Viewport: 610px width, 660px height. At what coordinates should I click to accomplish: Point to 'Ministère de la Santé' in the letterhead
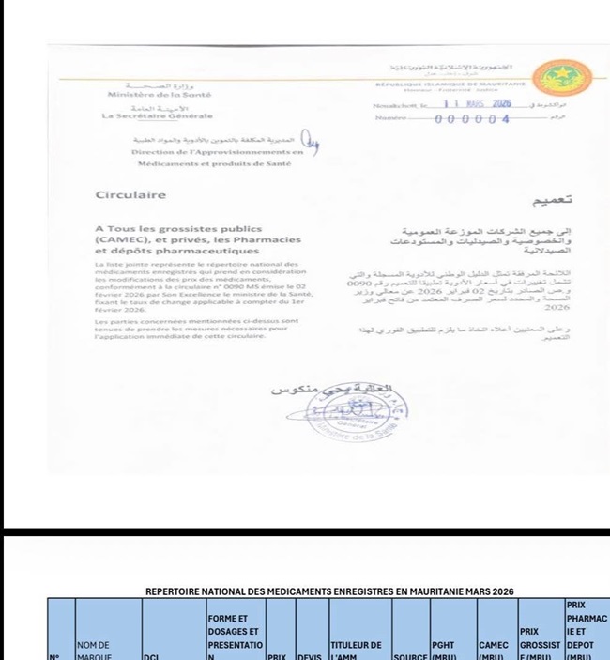click(160, 95)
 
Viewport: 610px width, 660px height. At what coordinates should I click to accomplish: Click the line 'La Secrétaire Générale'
click(157, 115)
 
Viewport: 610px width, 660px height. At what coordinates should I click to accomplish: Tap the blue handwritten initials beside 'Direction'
click(315, 143)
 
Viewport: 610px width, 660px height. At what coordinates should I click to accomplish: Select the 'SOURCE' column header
click(408, 655)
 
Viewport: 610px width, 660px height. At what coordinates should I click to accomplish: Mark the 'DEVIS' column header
click(310, 655)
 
